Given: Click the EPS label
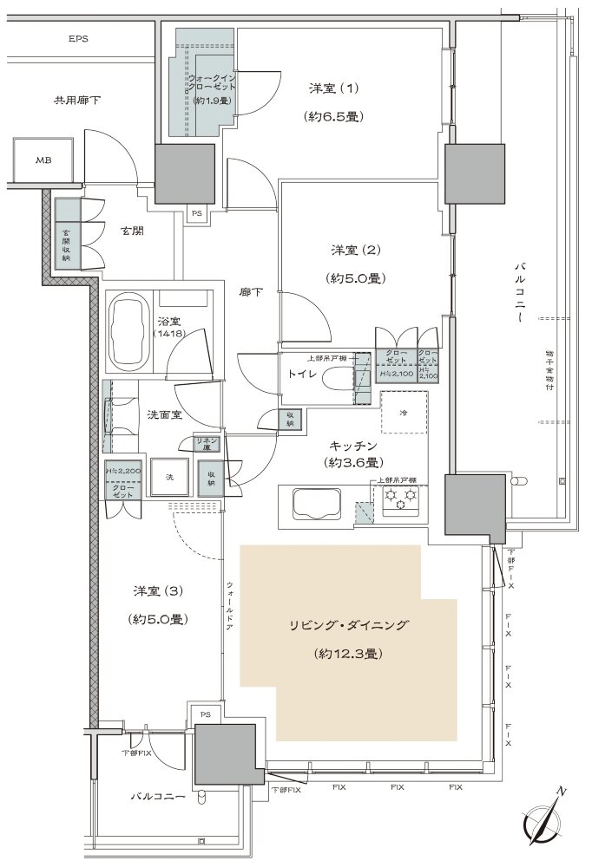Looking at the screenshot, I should [79, 39].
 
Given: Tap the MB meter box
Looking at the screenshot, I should [43, 160].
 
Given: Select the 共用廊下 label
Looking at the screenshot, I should [78, 101].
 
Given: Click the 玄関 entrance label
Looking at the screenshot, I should [132, 231].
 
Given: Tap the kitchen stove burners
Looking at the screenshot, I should [402, 499].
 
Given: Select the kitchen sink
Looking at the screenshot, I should [317, 504].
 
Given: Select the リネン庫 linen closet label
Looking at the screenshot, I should [207, 444].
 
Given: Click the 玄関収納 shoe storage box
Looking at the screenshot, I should [67, 244].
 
